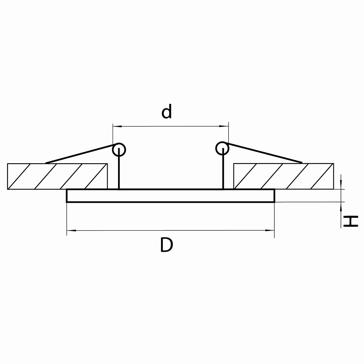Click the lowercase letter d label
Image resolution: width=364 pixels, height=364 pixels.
167,111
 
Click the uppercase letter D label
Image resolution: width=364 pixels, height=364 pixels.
167,245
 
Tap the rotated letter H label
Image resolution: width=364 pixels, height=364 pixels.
351,221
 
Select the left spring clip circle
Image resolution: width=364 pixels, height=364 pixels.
119,150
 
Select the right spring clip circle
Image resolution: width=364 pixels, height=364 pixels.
222,148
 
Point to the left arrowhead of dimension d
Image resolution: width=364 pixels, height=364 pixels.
117,126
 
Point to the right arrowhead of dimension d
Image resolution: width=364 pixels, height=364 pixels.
224,126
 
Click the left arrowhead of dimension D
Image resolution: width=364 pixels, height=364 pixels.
71,231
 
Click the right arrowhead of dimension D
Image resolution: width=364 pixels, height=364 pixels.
270,231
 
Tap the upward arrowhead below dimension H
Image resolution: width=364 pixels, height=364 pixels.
341,206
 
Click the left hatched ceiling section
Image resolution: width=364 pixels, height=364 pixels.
57,176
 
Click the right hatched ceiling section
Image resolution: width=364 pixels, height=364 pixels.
284,176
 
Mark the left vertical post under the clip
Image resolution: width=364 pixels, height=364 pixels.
119,168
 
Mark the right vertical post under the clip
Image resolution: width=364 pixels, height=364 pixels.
223,168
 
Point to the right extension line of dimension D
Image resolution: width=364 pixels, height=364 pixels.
274,220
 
